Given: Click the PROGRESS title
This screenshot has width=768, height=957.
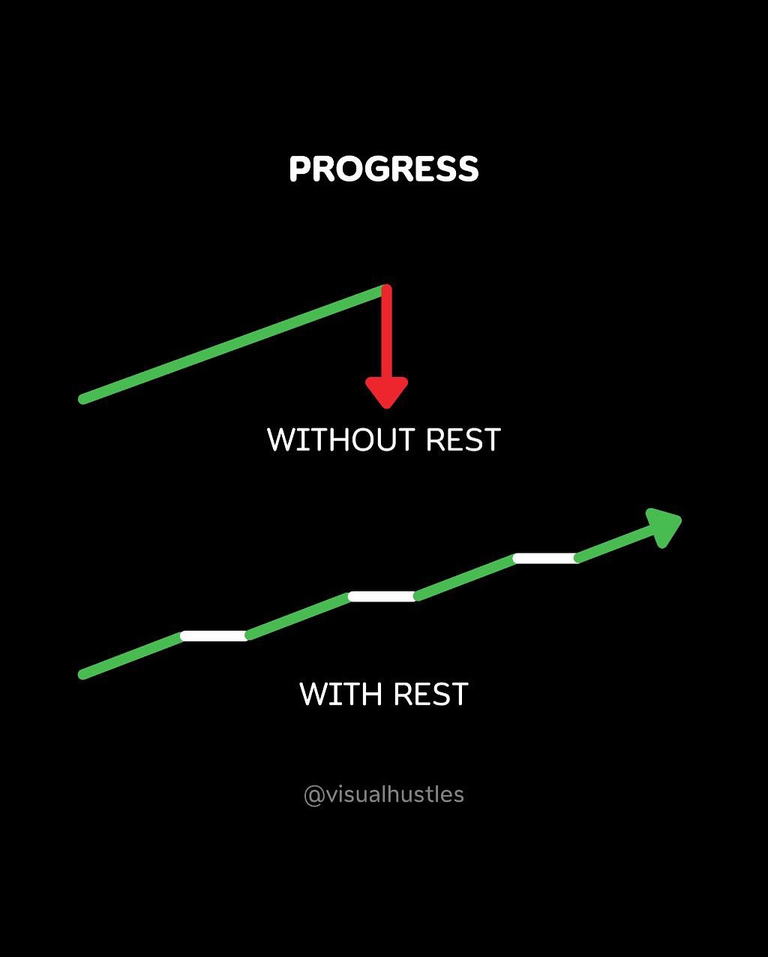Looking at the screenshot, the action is [x=384, y=169].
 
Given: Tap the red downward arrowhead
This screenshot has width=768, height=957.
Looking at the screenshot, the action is [x=386, y=392].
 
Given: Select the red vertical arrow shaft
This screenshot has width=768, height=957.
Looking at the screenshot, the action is [x=386, y=331].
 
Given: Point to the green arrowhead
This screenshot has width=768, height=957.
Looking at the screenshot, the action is [x=661, y=528].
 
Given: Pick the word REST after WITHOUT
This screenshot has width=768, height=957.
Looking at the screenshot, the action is [x=463, y=439].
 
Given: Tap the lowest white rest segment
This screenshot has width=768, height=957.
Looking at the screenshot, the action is [x=214, y=636].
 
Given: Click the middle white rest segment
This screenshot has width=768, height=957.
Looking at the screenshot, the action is [x=382, y=596].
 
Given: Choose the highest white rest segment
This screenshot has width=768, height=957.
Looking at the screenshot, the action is [x=546, y=558].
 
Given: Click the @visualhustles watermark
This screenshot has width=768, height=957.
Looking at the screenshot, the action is [x=384, y=795].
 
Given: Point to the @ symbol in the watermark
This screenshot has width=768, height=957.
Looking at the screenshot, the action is [x=313, y=796].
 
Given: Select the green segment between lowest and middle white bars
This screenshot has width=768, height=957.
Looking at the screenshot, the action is [x=298, y=616].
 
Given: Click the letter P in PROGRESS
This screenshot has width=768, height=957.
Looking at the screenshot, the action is [x=299, y=169].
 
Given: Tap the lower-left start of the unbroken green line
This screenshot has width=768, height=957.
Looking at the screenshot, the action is [x=83, y=399].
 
